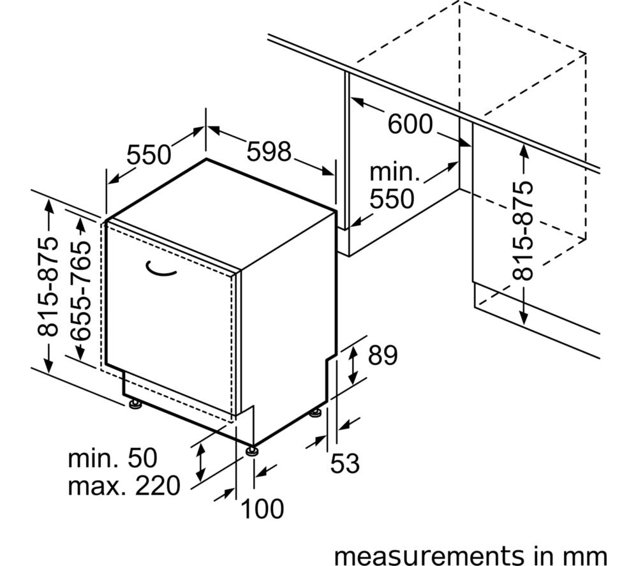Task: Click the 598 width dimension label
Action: pos(269,151)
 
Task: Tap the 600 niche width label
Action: pos(410,124)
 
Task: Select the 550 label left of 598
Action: pos(149,154)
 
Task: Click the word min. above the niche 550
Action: pos(394,172)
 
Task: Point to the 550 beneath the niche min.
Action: pos(392,198)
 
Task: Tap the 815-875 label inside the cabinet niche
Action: pos(523,231)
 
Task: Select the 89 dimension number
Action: pos(382,355)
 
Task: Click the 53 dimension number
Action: pos(345,463)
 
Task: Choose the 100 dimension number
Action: pos(262,509)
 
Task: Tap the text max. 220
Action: pos(124,486)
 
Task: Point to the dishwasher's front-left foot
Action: pos(135,404)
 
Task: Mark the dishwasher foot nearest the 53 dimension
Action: pos(315,413)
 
